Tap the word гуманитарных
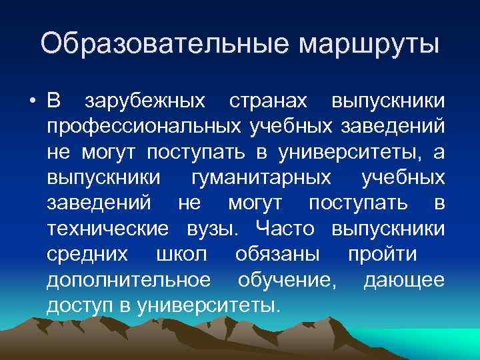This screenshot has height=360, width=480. tap(261, 178)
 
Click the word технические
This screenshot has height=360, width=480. tap(107, 229)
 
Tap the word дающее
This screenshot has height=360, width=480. tap(404, 279)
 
